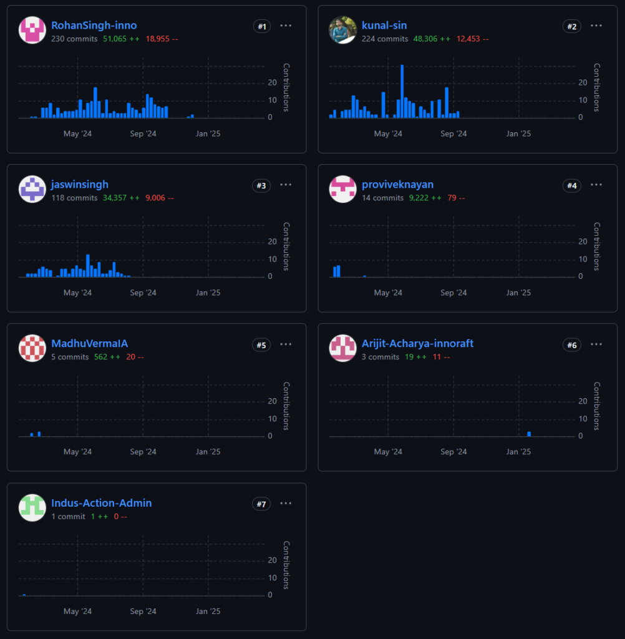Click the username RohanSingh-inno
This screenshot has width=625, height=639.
tap(94, 26)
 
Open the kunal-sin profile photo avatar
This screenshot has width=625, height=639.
tap(342, 30)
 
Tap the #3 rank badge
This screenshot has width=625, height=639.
tap(261, 185)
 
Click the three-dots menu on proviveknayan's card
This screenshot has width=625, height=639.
tap(596, 185)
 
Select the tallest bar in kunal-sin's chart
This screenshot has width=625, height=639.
tap(402, 91)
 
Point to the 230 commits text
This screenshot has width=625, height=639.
tap(74, 39)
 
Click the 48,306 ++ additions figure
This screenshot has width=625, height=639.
tap(432, 39)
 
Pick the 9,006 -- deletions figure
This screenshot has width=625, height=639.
tap(159, 198)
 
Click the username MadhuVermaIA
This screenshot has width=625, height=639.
tap(89, 344)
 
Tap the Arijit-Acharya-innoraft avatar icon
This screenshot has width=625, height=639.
tap(342, 348)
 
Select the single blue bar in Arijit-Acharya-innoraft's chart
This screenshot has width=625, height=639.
tap(529, 434)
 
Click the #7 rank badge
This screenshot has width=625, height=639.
tap(261, 504)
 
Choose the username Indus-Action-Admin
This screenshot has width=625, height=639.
tap(101, 503)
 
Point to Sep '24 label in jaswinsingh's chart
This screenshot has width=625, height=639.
tap(143, 293)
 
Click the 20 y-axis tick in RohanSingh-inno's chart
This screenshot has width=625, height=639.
tap(272, 82)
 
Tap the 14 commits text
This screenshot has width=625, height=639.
tap(382, 198)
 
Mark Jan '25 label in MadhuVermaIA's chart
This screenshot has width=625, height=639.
tap(208, 452)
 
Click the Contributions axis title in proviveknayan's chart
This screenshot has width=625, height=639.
tap(596, 246)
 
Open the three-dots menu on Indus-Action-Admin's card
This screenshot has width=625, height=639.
tap(286, 503)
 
